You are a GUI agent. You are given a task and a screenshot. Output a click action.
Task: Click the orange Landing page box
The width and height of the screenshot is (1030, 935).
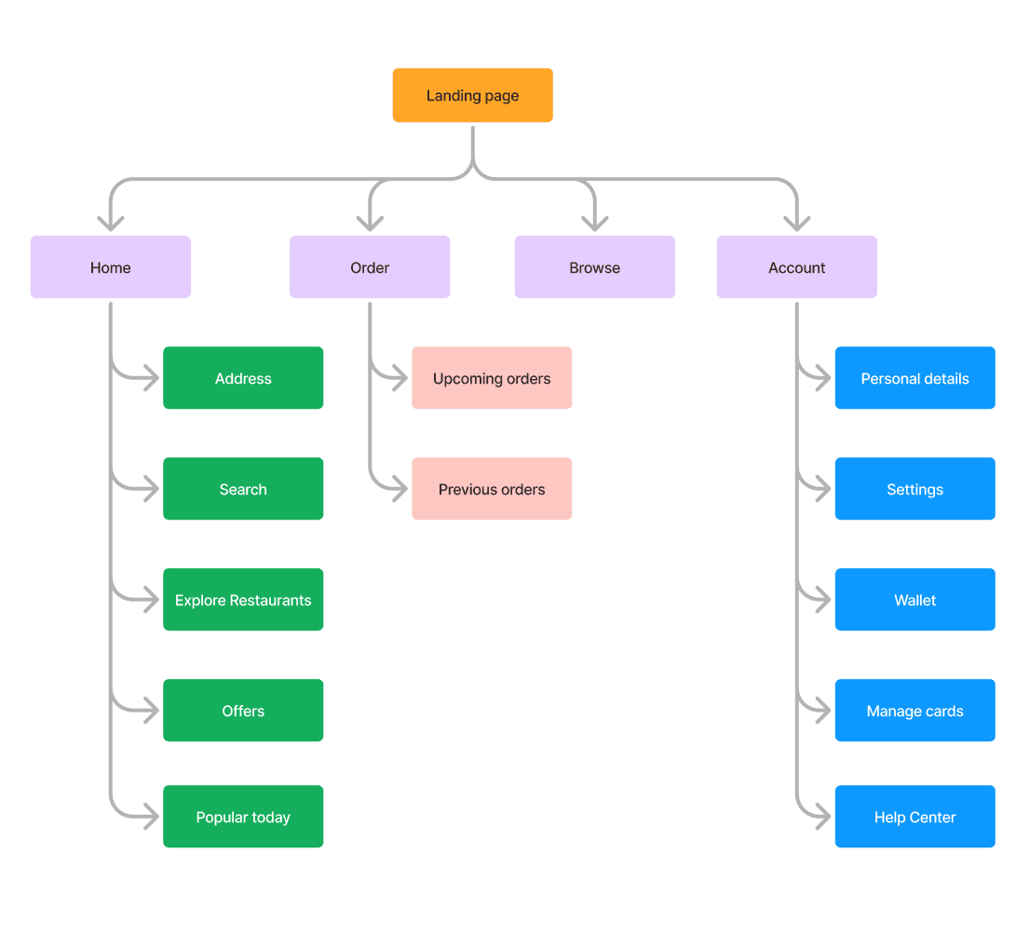coord(472,95)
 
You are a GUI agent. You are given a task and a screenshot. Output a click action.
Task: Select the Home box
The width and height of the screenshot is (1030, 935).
coord(110,267)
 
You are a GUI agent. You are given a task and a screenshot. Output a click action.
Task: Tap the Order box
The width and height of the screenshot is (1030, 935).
coord(370,267)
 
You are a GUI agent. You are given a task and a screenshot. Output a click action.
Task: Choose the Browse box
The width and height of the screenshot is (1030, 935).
coord(594,267)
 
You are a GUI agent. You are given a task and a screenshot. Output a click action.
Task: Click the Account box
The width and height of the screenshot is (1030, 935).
coord(796,267)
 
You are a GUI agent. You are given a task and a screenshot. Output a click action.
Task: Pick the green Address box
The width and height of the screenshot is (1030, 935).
coord(243,378)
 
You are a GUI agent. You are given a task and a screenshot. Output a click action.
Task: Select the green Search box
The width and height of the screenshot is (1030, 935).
coord(243,489)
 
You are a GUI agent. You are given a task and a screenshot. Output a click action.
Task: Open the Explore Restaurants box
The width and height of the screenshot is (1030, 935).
coord(243,600)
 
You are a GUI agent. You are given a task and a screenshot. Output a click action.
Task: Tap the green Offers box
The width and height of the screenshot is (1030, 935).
coord(243,711)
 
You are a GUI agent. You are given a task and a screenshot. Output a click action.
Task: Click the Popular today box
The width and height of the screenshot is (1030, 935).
coord(243,817)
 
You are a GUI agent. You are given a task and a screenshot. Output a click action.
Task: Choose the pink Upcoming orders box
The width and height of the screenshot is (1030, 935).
coord(492,378)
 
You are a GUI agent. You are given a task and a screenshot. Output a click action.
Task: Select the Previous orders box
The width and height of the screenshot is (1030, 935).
coord(492,489)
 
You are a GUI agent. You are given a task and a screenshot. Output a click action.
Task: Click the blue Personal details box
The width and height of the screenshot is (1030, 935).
coord(915,378)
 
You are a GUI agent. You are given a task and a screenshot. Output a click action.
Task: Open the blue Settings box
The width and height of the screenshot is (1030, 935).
coord(915,489)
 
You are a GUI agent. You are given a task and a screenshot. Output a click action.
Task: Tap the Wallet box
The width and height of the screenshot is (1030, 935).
coord(915,600)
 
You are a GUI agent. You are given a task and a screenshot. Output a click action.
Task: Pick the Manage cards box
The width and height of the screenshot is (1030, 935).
coord(915,711)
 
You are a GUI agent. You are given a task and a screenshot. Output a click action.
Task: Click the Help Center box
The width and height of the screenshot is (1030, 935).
coord(915,817)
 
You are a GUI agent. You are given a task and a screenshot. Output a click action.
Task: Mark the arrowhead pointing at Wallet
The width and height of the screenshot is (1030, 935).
coord(823,600)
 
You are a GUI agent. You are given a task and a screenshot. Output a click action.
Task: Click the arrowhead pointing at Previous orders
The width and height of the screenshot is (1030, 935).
coord(400,489)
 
